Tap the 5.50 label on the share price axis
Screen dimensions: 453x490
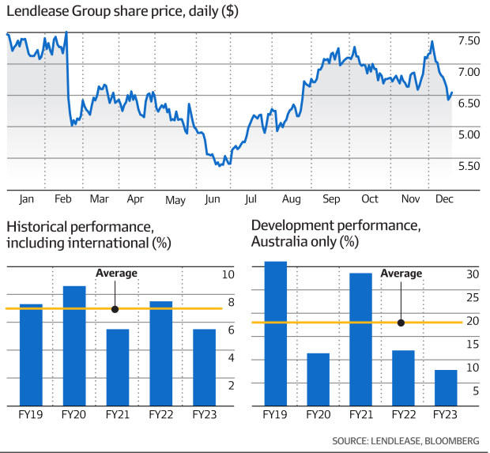(x=469, y=166)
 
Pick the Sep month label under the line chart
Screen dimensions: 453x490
(x=332, y=199)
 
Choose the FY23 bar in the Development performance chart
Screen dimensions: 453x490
(x=445, y=387)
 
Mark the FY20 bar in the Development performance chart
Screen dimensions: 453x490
(x=318, y=379)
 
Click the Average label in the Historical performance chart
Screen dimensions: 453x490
(x=116, y=274)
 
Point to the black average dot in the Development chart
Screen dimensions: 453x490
(x=401, y=323)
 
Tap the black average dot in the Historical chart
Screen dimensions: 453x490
(x=116, y=309)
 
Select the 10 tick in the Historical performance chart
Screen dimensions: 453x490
(x=228, y=275)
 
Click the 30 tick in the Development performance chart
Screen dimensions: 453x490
(x=472, y=275)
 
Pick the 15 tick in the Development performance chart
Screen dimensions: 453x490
(x=472, y=344)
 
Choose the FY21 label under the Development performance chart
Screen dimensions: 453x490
(x=360, y=413)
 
